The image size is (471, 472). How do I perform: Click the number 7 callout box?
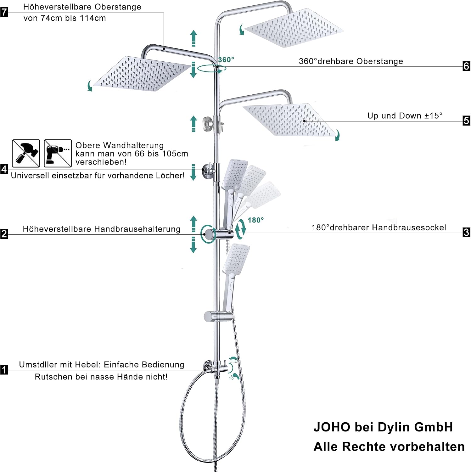pyautogui.click(x=4, y=12)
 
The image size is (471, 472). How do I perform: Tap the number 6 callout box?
pyautogui.click(x=467, y=66)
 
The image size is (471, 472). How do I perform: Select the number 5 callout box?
pyautogui.click(x=467, y=121)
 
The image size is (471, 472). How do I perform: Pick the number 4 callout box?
pyautogui.click(x=4, y=169)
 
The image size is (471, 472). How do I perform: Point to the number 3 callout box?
pyautogui.click(x=467, y=233)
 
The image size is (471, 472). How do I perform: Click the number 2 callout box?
pyautogui.click(x=4, y=234)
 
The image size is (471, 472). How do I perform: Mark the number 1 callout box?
pyautogui.click(x=4, y=369)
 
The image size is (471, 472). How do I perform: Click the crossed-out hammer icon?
pyautogui.click(x=26, y=153)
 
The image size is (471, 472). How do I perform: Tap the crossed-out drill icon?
pyautogui.click(x=58, y=153)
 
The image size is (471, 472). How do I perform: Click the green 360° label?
pyautogui.click(x=226, y=60)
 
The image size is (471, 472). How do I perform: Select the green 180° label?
pyautogui.click(x=255, y=220)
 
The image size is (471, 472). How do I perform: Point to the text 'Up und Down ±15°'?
pyautogui.click(x=405, y=116)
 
